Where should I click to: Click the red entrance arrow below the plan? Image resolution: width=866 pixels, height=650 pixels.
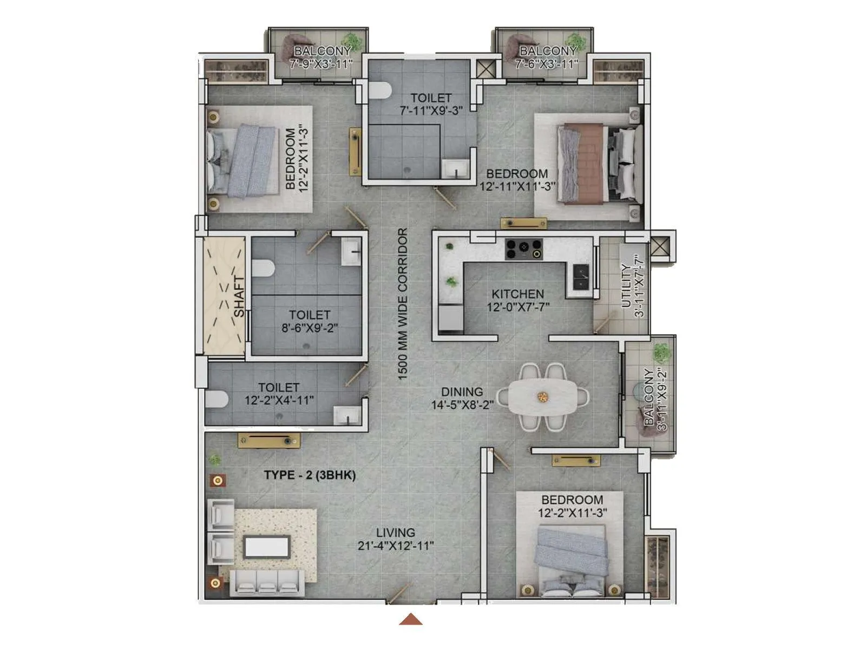[411, 619]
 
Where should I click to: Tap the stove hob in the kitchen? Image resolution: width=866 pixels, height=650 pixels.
[523, 249]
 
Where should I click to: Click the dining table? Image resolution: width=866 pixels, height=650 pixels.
[543, 397]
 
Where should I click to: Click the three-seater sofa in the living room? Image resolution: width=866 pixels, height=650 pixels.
[265, 583]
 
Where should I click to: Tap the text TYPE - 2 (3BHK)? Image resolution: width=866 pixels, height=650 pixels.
[310, 476]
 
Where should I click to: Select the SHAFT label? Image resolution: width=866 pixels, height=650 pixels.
[239, 297]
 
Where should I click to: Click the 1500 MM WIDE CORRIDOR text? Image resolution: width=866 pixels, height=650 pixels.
[403, 303]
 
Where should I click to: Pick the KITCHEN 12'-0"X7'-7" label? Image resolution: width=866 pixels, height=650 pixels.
[518, 301]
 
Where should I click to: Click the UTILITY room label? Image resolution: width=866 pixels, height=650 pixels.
[633, 286]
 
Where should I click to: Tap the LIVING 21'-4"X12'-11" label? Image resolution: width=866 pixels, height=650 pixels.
[396, 539]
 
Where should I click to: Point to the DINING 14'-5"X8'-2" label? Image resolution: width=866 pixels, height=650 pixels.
[462, 398]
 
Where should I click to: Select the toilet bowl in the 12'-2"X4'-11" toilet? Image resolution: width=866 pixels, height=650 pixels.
[217, 399]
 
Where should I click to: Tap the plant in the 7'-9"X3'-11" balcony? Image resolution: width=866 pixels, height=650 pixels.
[353, 42]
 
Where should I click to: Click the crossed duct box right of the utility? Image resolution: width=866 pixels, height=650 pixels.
[660, 246]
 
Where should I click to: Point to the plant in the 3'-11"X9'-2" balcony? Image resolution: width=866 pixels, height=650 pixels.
[660, 353]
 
